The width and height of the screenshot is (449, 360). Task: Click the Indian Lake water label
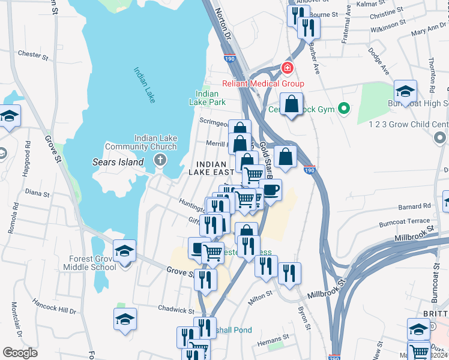click(x=145, y=85)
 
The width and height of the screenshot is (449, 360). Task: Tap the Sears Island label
click(x=118, y=162)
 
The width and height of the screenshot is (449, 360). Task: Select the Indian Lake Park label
click(x=207, y=98)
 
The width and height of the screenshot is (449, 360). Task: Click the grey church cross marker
click(x=160, y=160)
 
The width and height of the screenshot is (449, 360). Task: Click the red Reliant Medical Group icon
click(x=288, y=69)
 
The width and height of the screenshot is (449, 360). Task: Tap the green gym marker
click(x=343, y=109)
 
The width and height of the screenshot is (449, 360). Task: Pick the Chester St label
click(x=33, y=55)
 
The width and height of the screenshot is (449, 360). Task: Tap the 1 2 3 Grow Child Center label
click(x=409, y=124)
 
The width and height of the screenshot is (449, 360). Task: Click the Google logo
click(x=20, y=353)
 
